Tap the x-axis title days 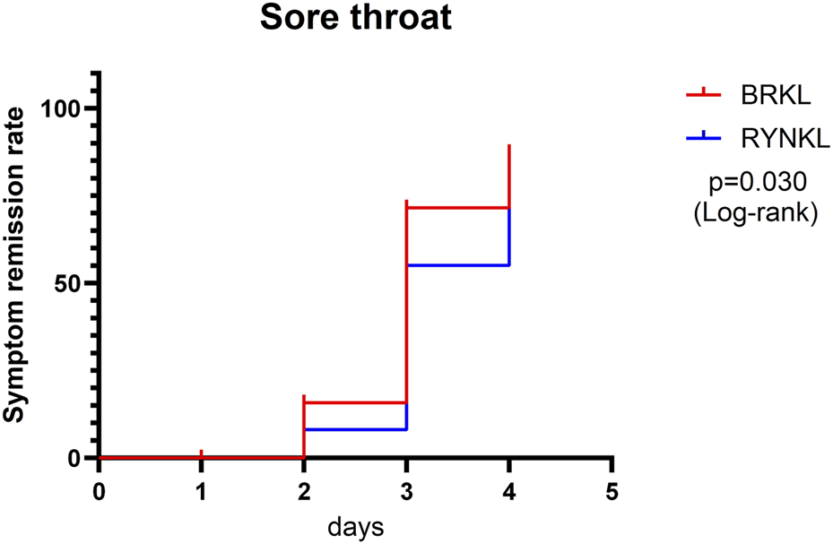tap(355, 526)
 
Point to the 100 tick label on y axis tap(61, 108)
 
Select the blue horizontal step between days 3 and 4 tap(458, 265)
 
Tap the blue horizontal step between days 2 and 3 tap(355, 429)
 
